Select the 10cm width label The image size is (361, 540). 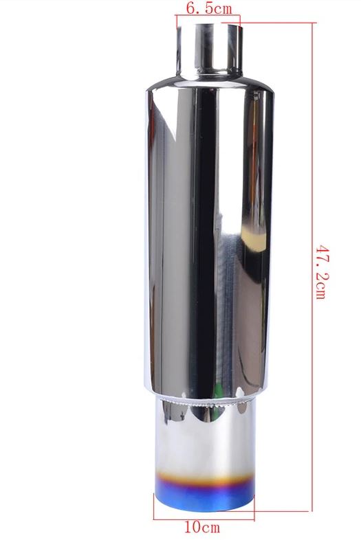205,528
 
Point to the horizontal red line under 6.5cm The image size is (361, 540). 209,20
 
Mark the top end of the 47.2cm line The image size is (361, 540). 314,22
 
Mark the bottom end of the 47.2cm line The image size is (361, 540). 314,511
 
